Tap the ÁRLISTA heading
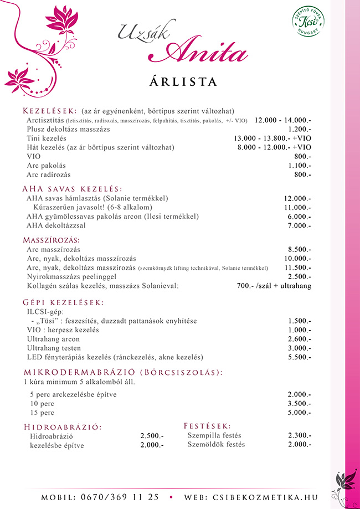183,81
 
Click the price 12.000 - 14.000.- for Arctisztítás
283,120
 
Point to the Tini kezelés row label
47,138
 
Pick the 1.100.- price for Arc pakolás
300,166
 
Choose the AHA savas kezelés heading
72,188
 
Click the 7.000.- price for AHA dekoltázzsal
300,226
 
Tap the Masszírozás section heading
52,240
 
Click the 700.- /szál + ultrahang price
274,286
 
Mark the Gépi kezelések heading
63,302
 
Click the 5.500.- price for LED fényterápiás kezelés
300,357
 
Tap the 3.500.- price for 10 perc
300,404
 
